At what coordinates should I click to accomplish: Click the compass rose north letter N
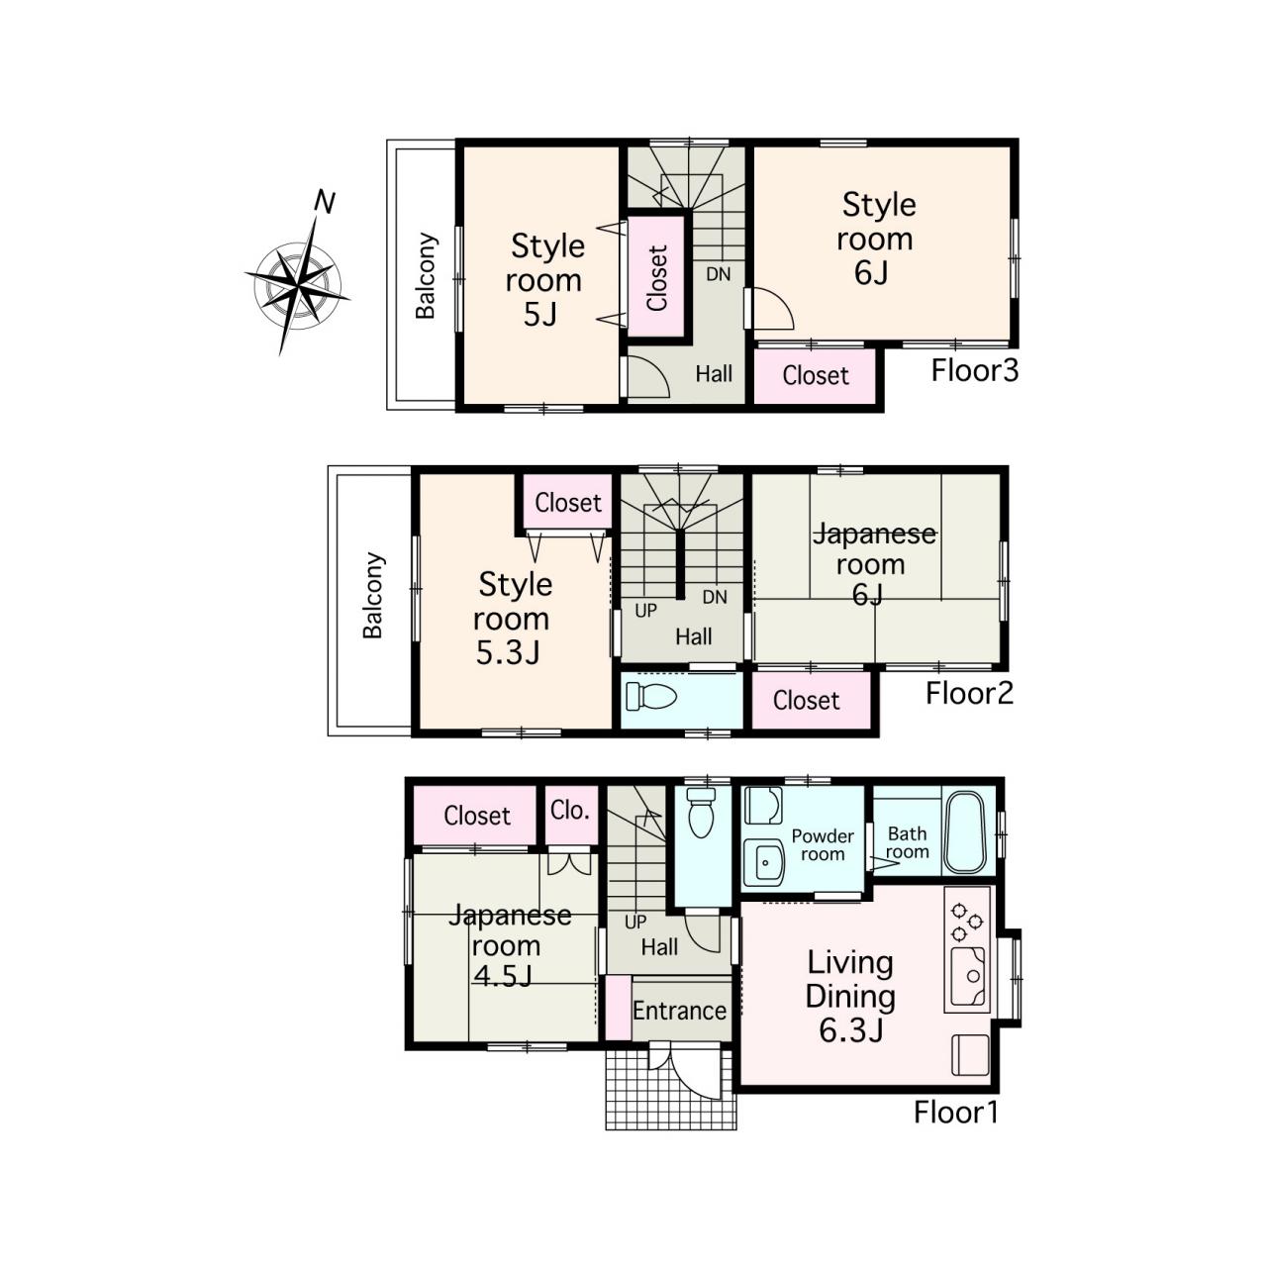pos(325,202)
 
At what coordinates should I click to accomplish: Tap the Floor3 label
pos(974,371)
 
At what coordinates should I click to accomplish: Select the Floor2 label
pos(969,694)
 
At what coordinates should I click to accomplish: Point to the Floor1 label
pos(956,1113)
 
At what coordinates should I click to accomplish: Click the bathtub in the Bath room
pos(964,831)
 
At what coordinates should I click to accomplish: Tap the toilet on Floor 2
pos(651,696)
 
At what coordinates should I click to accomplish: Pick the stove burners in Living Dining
pos(966,922)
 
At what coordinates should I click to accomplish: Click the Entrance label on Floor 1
pos(679,1011)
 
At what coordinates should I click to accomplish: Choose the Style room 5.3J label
pos(512,618)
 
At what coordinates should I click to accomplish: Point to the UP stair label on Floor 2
pos(645,611)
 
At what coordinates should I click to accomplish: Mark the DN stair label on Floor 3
pos(718,274)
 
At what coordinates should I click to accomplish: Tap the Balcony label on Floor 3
pos(426,275)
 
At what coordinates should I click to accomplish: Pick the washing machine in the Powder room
pos(763,806)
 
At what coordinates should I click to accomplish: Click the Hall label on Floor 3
pos(714,374)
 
